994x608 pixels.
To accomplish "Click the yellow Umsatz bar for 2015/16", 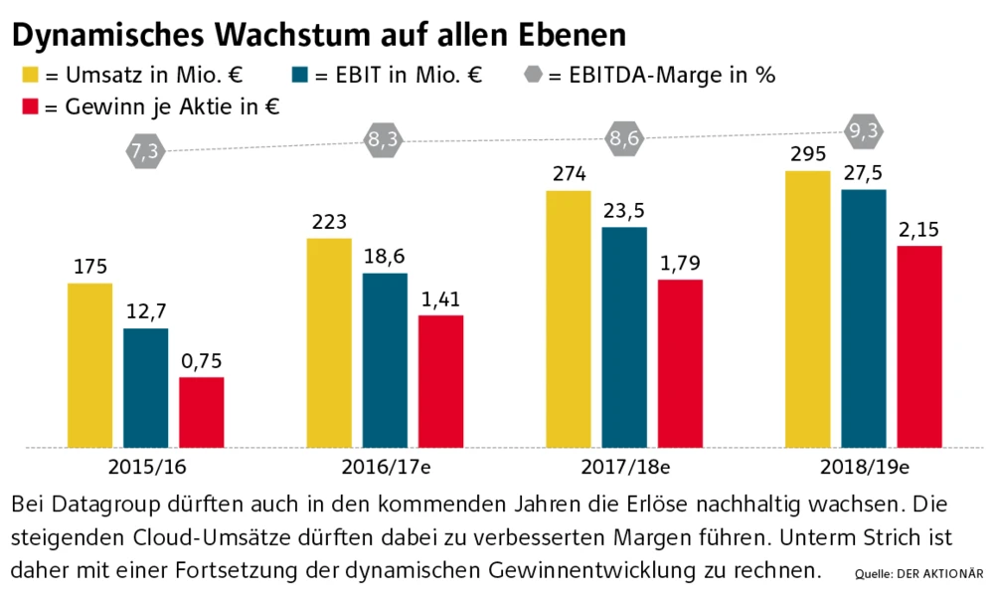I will pos(89,365).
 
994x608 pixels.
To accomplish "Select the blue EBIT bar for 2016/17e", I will pos(385,360).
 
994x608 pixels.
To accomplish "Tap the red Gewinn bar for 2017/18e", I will pos(680,363).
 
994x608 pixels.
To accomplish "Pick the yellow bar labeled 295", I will pos(807,309).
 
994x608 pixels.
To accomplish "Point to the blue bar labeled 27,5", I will pos(863,318).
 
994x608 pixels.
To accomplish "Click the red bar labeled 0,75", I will pos(201,412).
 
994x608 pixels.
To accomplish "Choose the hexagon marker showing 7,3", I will pos(144,151).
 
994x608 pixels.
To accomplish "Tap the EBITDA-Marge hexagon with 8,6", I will pos(624,139).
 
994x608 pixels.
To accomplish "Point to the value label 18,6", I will pos(385,258).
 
